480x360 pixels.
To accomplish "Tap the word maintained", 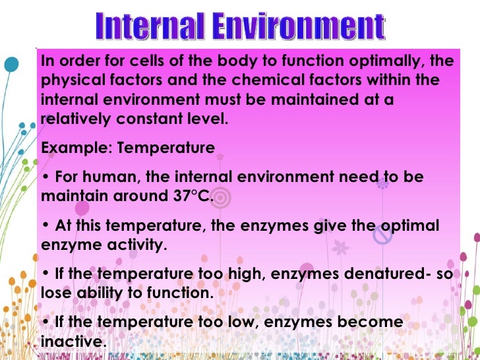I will point(320,102).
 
